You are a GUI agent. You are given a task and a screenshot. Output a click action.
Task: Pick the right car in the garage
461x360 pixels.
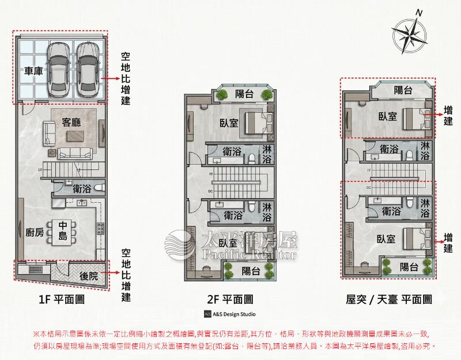tap(86, 69)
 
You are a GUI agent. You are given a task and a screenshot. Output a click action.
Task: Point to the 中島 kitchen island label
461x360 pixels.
tap(64, 232)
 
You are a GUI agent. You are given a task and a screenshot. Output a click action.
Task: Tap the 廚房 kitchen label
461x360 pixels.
tap(35, 232)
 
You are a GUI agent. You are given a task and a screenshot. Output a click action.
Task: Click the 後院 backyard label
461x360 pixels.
tap(91, 275)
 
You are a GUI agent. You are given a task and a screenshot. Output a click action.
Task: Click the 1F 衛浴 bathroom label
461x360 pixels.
tap(82, 188)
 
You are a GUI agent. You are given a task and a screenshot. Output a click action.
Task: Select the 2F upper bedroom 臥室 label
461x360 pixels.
tap(229, 123)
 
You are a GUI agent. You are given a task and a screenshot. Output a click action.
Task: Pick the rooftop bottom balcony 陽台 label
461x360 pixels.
tap(409, 267)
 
